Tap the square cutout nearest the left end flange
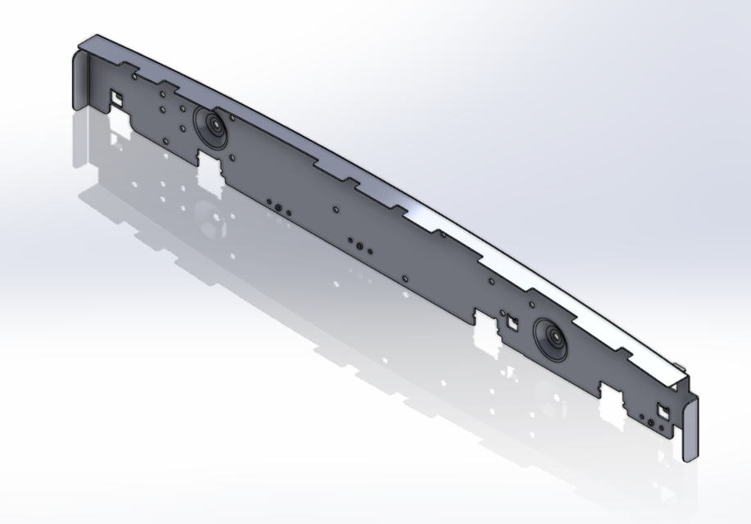[x=116, y=99]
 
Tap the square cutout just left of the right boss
[x=511, y=322]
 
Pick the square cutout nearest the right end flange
[x=664, y=409]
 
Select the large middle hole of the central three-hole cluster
[x=360, y=244]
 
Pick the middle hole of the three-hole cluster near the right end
[x=651, y=422]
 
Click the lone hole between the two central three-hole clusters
[x=336, y=210]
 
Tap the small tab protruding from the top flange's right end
[x=679, y=363]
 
